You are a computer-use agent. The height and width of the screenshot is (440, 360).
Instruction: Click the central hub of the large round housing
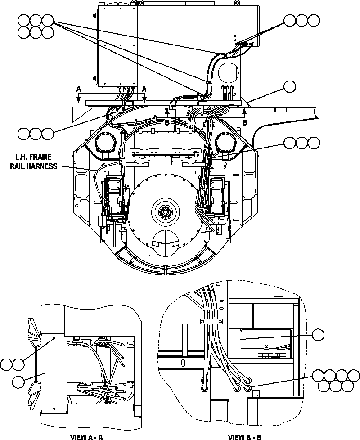(x=165, y=211)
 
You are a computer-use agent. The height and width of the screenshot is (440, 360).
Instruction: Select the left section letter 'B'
(x=166, y=122)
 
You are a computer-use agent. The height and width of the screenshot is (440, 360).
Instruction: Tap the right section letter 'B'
(x=244, y=122)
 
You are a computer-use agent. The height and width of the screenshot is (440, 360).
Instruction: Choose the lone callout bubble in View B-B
(x=318, y=335)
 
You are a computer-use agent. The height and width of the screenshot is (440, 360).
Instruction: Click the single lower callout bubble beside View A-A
(x=18, y=382)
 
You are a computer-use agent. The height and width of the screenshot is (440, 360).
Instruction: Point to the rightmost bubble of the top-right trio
(x=313, y=20)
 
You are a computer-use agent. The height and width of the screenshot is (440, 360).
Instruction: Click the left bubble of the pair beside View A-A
(x=7, y=364)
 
